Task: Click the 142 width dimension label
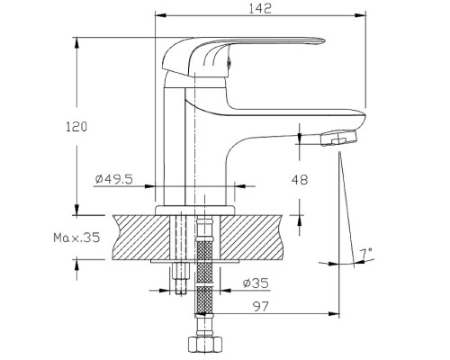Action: click(260, 8)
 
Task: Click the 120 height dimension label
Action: click(76, 127)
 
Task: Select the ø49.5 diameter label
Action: click(114, 179)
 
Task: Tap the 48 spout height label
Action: click(300, 180)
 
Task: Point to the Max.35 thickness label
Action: click(76, 238)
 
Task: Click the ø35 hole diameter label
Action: click(256, 283)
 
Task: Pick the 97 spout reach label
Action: click(260, 306)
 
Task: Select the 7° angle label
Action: click(366, 254)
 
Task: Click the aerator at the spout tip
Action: click(339, 138)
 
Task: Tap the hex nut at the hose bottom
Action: click(205, 345)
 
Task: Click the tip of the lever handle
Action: click(324, 40)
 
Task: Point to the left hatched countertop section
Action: click(141, 238)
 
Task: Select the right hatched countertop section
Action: click(252, 238)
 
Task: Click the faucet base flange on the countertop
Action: click(195, 211)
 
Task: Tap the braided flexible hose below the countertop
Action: click(205, 270)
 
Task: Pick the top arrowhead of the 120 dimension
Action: click(76, 42)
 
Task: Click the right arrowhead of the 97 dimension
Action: click(334, 314)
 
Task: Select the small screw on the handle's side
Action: click(229, 61)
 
